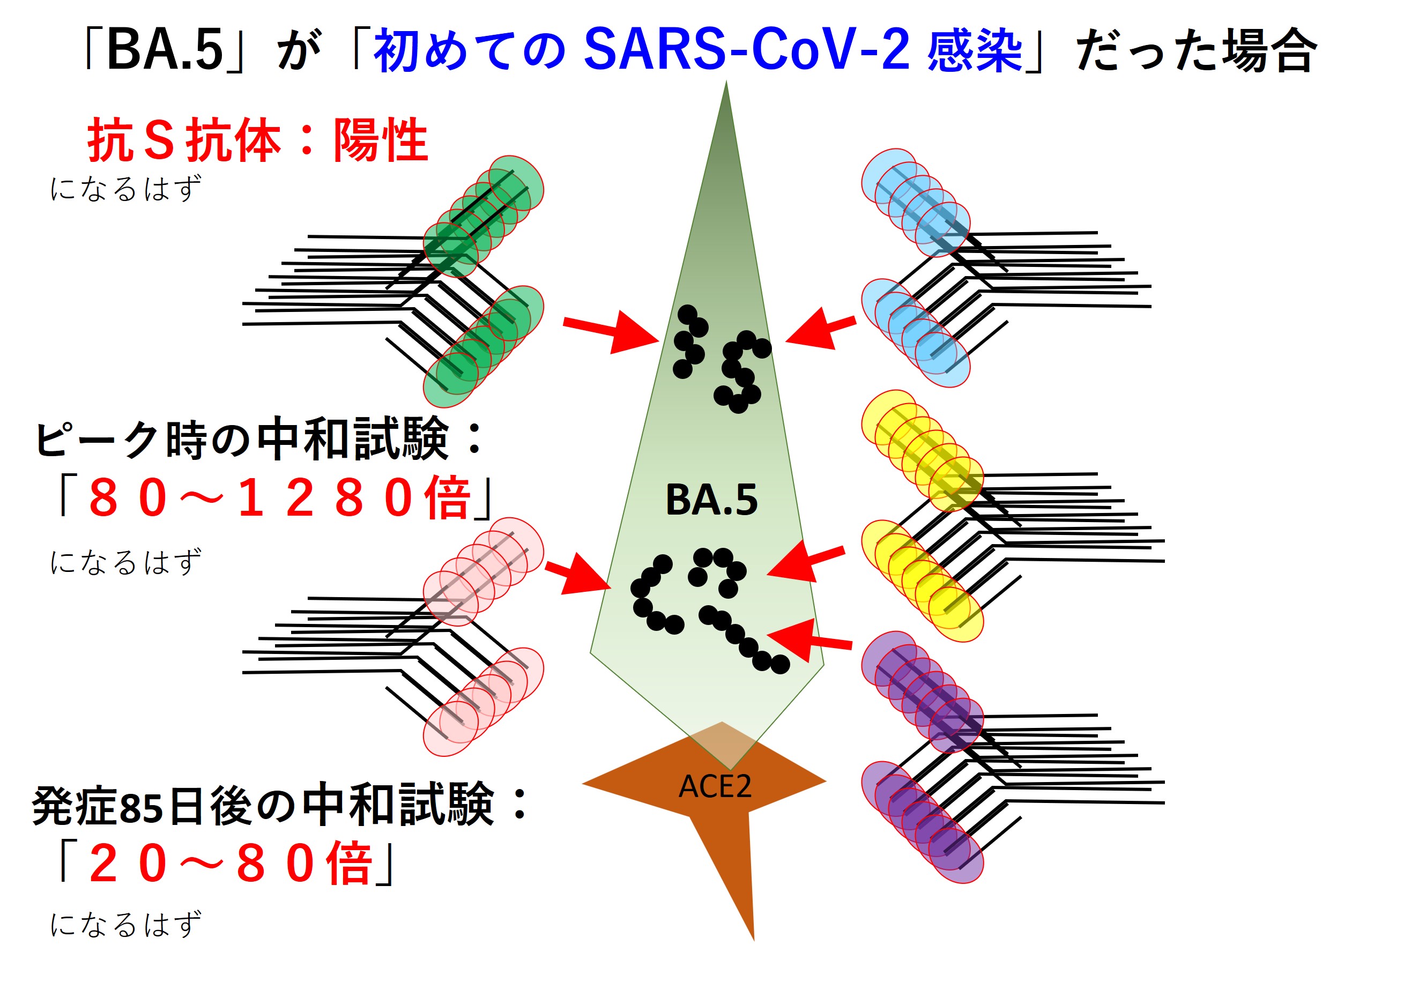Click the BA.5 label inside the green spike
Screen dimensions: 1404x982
coord(711,500)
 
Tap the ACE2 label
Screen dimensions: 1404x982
coord(715,786)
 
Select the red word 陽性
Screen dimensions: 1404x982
coord(381,140)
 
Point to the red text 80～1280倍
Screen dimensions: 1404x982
coord(279,498)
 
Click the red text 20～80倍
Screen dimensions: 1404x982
coord(230,863)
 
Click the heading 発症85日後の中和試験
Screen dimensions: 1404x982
coord(263,805)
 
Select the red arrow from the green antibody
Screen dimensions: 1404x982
coord(610,331)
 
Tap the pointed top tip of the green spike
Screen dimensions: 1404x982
coord(726,81)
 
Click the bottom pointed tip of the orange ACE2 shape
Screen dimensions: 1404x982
coord(753,940)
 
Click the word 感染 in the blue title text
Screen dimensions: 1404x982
coord(975,50)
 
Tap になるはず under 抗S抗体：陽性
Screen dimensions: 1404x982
coord(125,188)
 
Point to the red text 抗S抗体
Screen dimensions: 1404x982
coord(184,140)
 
